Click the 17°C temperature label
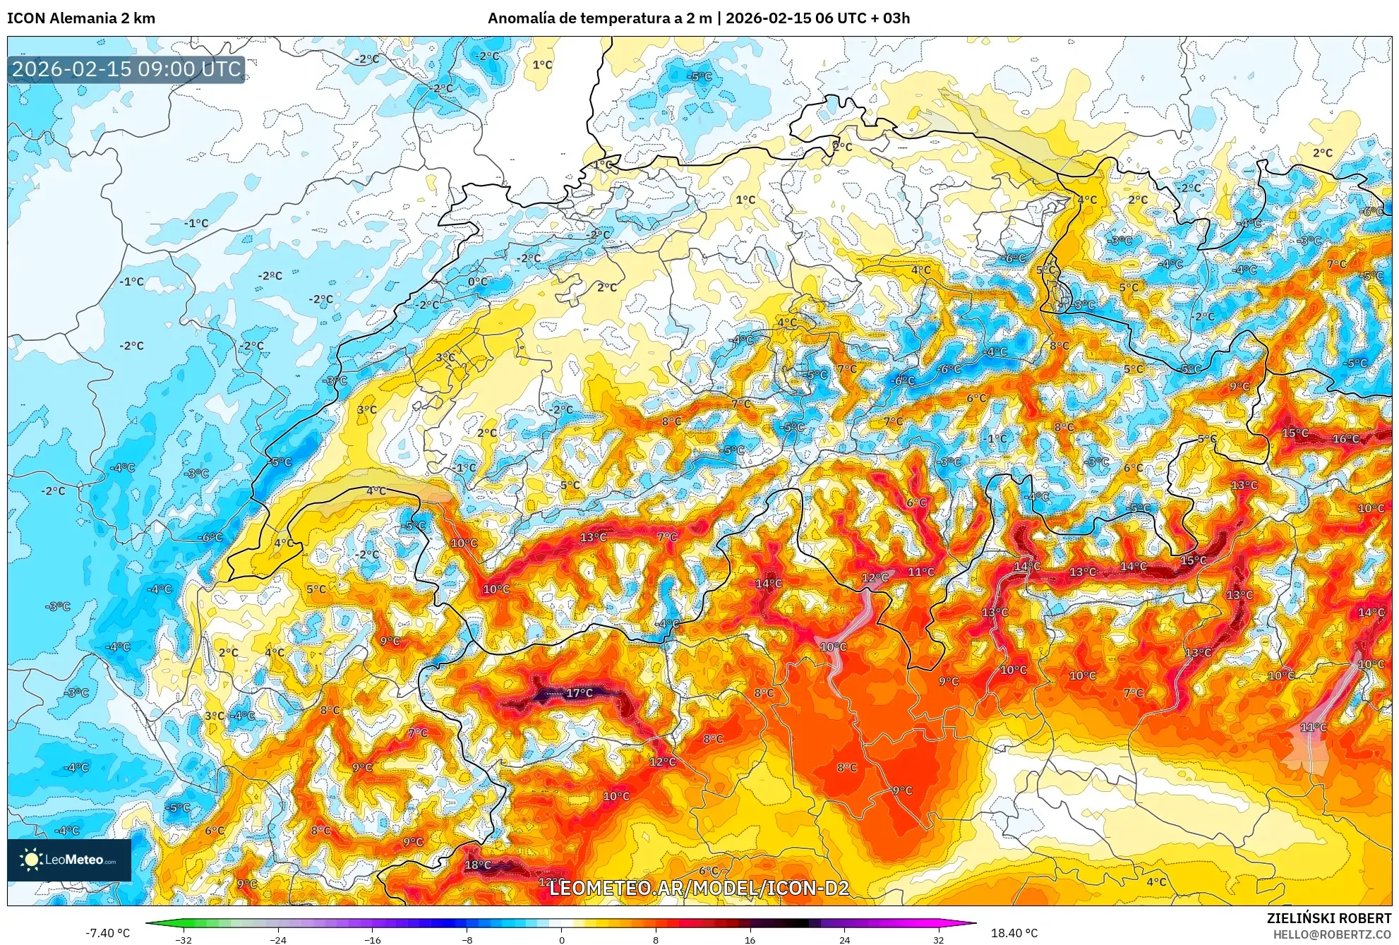tap(580, 693)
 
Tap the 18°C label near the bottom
tap(478, 865)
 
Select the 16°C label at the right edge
tap(1345, 439)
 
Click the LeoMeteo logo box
tap(69, 860)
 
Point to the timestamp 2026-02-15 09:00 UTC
tap(126, 69)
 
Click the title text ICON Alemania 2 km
tap(81, 18)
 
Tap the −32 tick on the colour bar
tap(184, 939)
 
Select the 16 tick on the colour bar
tap(750, 939)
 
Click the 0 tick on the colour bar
tap(561, 939)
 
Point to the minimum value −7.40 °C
tap(107, 933)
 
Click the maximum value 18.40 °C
tap(1014, 933)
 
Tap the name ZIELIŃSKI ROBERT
tap(1328, 918)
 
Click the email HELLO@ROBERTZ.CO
tap(1332, 934)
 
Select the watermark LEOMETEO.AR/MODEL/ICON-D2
tap(699, 888)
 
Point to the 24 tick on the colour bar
tap(844, 939)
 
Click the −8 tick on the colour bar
tap(467, 939)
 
